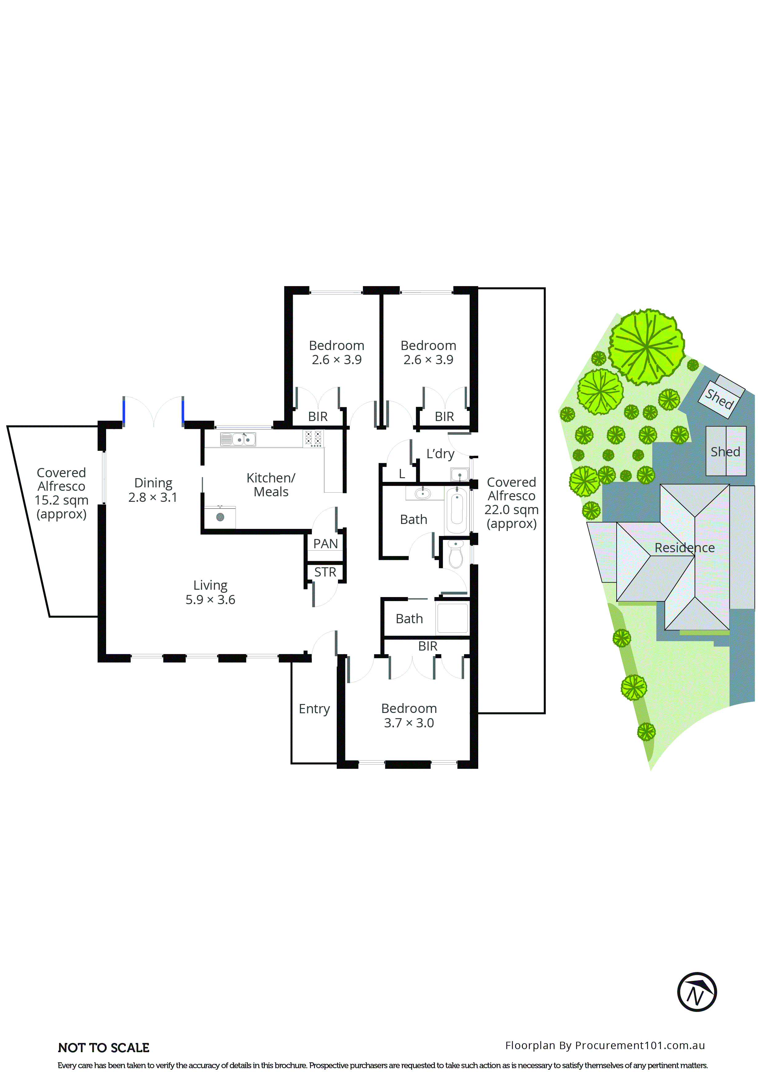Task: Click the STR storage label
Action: click(325, 572)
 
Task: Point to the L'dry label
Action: click(440, 454)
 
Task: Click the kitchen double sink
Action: click(238, 439)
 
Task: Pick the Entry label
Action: click(314, 709)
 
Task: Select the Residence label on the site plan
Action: click(685, 548)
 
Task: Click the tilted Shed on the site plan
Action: click(720, 397)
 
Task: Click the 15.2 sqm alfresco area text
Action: click(61, 501)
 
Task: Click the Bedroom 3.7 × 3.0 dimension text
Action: click(409, 723)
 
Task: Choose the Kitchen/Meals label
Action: click(271, 485)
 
